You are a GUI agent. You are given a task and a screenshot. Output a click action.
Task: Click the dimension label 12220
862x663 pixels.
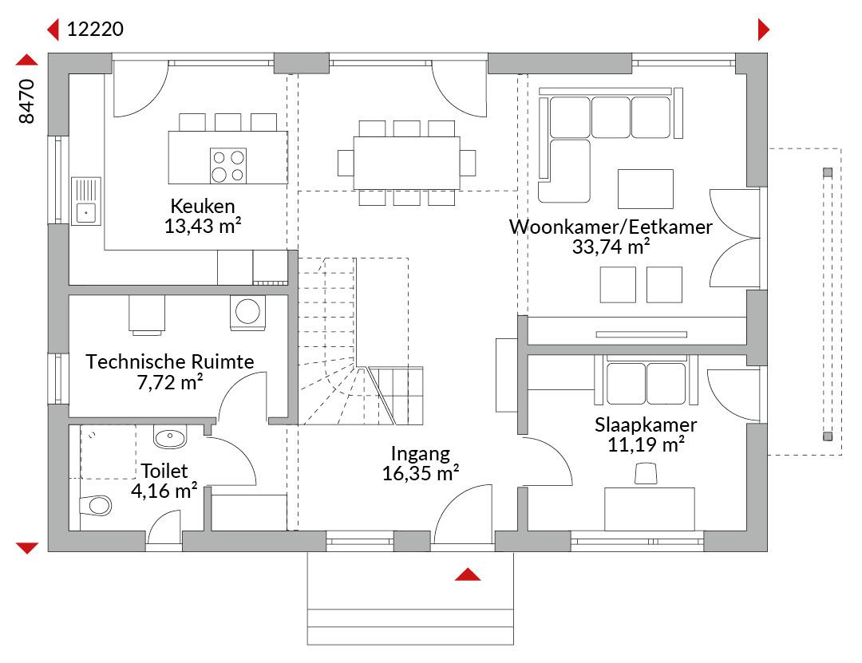pyautogui.click(x=95, y=29)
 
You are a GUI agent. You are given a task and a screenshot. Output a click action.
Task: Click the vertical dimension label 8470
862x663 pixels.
pyautogui.click(x=26, y=101)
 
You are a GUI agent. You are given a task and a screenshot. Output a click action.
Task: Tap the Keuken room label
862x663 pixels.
pyautogui.click(x=203, y=206)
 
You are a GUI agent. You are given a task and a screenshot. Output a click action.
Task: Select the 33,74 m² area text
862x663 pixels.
pyautogui.click(x=611, y=247)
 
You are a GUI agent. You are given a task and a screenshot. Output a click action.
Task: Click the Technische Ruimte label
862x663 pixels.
pyautogui.click(x=170, y=361)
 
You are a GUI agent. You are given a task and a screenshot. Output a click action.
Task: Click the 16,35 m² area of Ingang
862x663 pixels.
pyautogui.click(x=421, y=473)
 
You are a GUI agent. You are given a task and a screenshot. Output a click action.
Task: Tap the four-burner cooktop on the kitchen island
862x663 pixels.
pyautogui.click(x=228, y=165)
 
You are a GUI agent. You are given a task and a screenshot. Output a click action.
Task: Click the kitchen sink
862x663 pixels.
pyautogui.click(x=85, y=201)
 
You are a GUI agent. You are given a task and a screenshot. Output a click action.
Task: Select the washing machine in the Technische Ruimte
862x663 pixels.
pyautogui.click(x=247, y=313)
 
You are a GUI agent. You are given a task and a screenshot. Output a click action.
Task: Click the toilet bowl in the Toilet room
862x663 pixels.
pyautogui.click(x=96, y=506)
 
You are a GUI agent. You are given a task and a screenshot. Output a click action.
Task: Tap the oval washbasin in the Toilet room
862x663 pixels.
pyautogui.click(x=170, y=437)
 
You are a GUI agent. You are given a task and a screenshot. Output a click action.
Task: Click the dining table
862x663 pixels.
pyautogui.click(x=407, y=163)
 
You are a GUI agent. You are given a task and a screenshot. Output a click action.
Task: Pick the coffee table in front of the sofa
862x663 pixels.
pyautogui.click(x=646, y=189)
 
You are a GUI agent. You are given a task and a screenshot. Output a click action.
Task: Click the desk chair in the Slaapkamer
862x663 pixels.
pyautogui.click(x=646, y=473)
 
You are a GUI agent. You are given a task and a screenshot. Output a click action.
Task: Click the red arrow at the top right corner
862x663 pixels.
pyautogui.click(x=763, y=30)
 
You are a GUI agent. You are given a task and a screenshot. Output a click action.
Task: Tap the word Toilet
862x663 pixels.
pyautogui.click(x=164, y=471)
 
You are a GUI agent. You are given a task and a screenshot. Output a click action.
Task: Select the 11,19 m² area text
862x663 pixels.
pyautogui.click(x=646, y=444)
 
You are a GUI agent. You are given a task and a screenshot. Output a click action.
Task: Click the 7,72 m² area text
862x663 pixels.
pyautogui.click(x=170, y=381)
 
